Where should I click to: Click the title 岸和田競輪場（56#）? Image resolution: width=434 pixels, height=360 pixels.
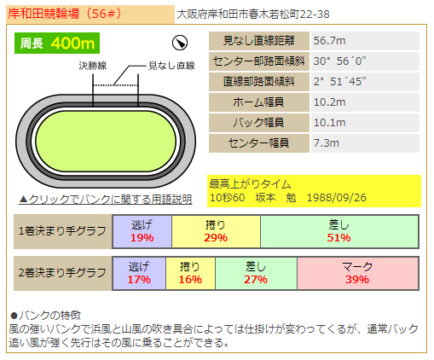[x=65, y=14]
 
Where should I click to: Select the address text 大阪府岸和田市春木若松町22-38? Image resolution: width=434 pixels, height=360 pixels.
[x=253, y=15]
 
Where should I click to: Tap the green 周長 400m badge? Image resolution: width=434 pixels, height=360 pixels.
[x=57, y=44]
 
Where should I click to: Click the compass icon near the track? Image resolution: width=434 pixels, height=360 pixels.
[x=180, y=43]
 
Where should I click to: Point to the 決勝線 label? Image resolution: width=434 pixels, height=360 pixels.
[x=93, y=66]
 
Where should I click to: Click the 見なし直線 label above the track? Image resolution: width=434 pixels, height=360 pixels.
[x=171, y=66]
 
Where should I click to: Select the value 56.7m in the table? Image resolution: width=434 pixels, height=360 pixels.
[x=330, y=41]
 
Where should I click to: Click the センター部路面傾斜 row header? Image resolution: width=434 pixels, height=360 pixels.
[x=259, y=61]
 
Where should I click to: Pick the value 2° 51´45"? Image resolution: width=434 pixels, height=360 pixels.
[x=339, y=82]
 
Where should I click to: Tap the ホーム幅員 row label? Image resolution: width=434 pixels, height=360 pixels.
[x=259, y=102]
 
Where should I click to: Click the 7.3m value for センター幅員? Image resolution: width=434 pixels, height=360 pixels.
[x=327, y=143]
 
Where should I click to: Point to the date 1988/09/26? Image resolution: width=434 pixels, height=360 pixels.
[x=337, y=197]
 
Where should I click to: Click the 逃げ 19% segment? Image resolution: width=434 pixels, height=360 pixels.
[x=142, y=231]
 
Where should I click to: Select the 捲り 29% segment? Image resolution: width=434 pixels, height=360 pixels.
[x=216, y=231]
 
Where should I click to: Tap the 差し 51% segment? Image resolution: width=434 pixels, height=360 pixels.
[x=339, y=231]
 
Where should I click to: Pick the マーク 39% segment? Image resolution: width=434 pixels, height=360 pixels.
[x=357, y=273]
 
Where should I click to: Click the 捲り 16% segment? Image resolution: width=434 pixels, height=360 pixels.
[x=190, y=273]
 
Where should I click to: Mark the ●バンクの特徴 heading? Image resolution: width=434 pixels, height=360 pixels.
[x=45, y=316]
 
